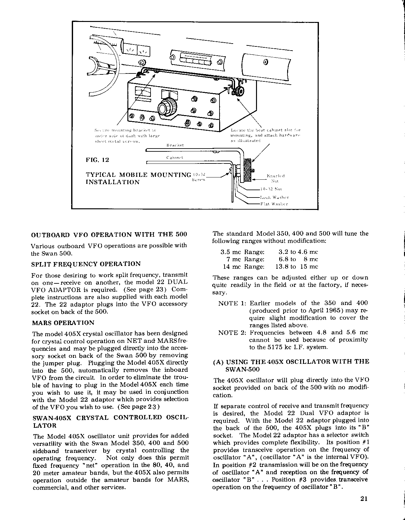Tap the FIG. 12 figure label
tap(97, 160)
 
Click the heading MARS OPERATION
tap(63, 323)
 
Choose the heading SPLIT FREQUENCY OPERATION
tap(86, 264)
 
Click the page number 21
tap(364, 499)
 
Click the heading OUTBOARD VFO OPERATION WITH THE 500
tap(109, 235)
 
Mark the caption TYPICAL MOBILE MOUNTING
tap(138, 175)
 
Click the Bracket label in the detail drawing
tap(175, 145)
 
